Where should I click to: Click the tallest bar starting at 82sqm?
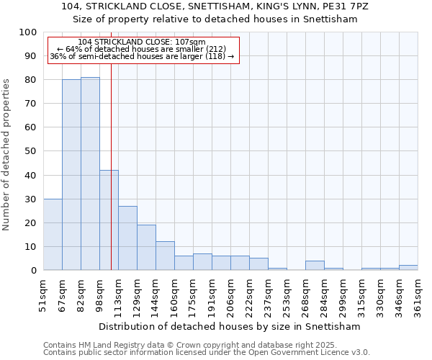[90, 174]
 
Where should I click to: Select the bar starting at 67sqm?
[71, 175]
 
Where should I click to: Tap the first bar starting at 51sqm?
[53, 234]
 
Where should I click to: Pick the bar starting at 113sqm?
[127, 238]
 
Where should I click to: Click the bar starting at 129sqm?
[146, 248]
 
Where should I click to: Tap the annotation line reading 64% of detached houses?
[141, 49]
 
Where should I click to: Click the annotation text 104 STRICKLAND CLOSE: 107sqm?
[141, 42]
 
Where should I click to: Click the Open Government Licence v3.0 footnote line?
[206, 352]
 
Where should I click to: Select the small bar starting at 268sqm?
[315, 266]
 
